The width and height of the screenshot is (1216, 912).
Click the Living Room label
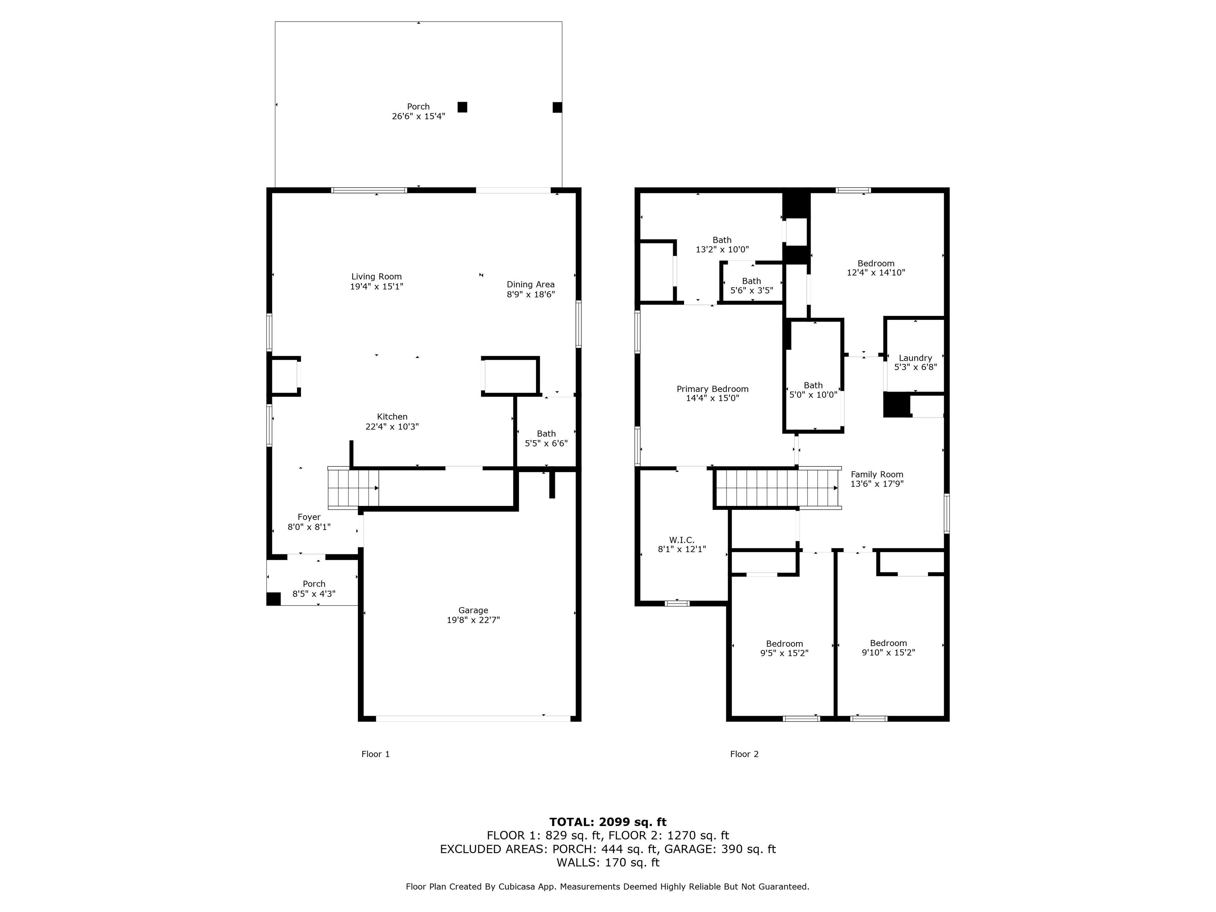(376, 277)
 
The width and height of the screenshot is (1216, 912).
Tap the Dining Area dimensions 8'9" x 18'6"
(530, 294)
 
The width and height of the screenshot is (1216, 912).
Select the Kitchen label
(392, 417)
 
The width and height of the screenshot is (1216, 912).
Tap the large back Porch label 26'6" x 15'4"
(418, 112)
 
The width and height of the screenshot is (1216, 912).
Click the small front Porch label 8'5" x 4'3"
(314, 589)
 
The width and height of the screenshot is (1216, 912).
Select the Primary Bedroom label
(712, 389)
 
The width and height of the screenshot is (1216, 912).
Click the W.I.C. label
(682, 540)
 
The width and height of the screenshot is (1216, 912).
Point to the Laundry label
(915, 358)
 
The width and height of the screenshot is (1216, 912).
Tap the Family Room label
(877, 475)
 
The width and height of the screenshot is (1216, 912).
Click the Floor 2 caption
(744, 754)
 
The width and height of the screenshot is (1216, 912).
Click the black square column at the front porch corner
(273, 598)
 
